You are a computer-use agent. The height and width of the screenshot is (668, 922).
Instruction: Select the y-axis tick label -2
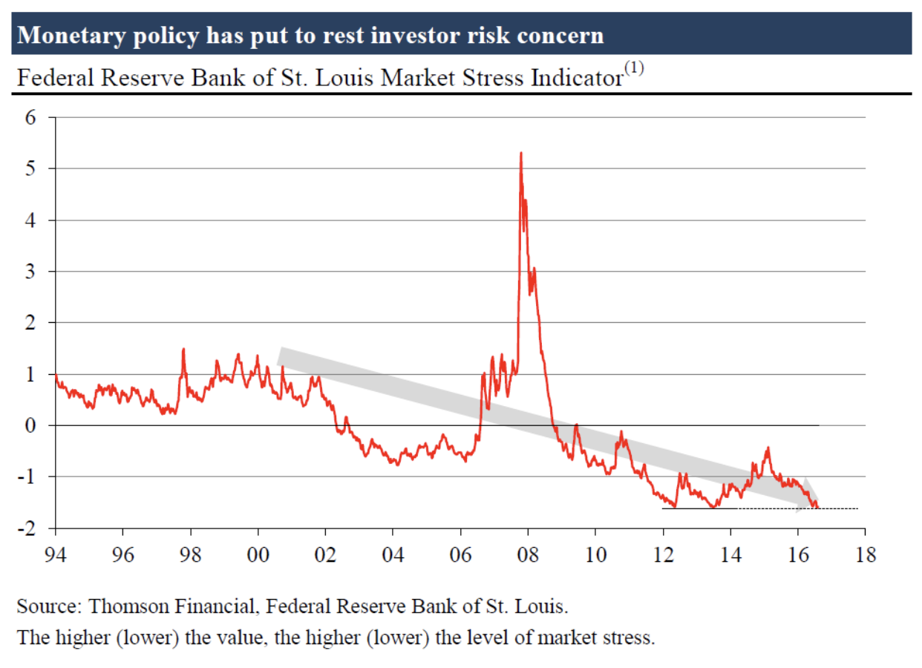[28, 528]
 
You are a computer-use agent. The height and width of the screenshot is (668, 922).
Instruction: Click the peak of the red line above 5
[520, 154]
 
